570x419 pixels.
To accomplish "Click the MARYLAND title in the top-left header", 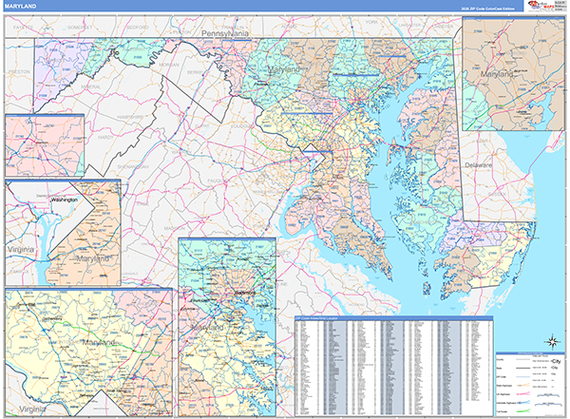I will (20, 8).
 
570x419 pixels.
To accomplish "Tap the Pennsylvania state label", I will (224, 34).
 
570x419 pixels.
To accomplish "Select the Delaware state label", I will (480, 165).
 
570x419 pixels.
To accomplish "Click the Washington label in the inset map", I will (64, 201).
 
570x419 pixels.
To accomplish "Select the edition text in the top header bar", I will (480, 8).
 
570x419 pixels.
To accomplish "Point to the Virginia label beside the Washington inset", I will (22, 246).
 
